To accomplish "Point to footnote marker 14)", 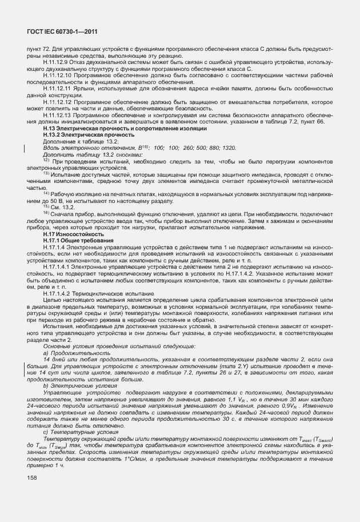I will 46,193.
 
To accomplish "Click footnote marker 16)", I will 46,213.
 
